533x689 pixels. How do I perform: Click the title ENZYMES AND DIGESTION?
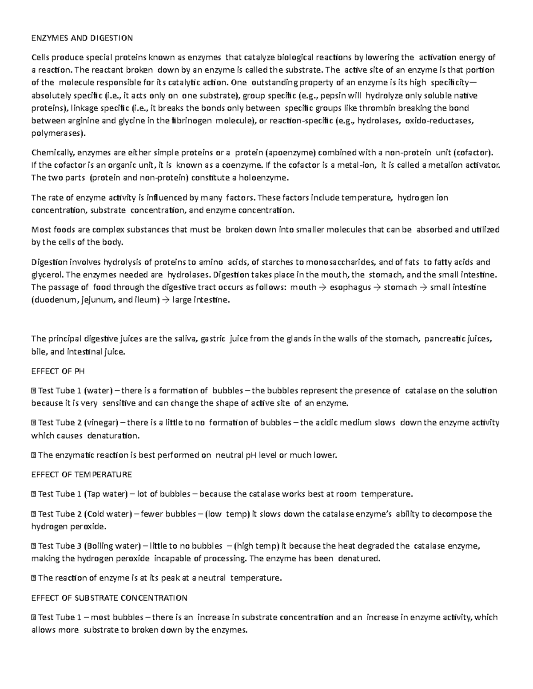tap(82, 38)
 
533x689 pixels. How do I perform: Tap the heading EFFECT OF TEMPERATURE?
tap(81, 474)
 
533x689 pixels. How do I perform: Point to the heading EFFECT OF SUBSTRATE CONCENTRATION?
tap(109, 598)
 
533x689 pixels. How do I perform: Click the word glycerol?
tap(47, 275)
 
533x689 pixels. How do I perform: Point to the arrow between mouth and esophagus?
tap(323, 287)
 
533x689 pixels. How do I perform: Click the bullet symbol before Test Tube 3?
tap(34, 546)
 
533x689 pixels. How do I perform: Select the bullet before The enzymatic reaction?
tap(34, 455)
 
